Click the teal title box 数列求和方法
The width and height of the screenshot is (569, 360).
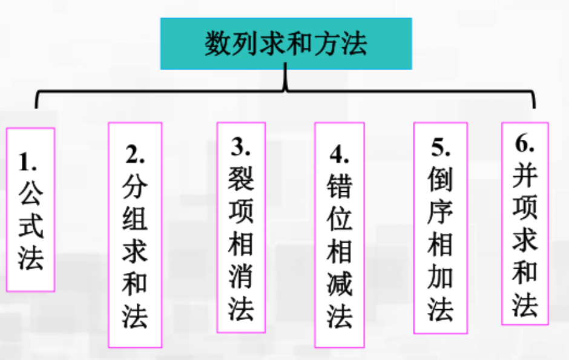tap(286, 44)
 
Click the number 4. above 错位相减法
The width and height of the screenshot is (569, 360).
tap(340, 155)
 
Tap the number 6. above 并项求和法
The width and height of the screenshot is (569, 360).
tap(525, 145)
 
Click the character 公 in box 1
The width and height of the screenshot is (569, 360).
tap(30, 192)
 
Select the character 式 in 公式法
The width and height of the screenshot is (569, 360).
tap(30, 225)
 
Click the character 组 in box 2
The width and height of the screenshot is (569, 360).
tap(134, 219)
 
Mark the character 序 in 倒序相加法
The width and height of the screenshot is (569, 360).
tap(440, 213)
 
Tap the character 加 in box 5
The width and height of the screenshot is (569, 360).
tap(440, 277)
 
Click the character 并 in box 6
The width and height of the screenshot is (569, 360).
tap(525, 177)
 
